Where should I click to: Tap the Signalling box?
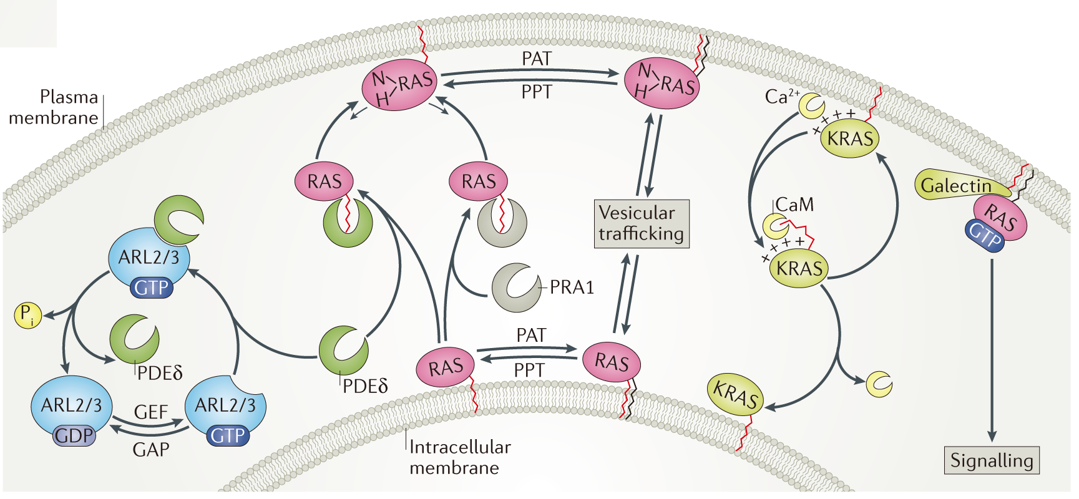[x=991, y=460]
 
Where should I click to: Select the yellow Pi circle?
[x=27, y=314]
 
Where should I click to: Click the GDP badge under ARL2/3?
[x=74, y=435]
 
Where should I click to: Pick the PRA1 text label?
[x=572, y=287]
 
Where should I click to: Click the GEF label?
[x=151, y=412]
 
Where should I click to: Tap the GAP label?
[x=151, y=449]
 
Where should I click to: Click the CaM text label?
[x=794, y=205]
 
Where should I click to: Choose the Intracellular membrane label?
[x=460, y=457]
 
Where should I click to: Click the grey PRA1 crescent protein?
[x=515, y=287]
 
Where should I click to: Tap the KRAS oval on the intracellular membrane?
[x=736, y=394]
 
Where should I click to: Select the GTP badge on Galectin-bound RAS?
[x=985, y=235]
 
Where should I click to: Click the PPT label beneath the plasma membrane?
[x=536, y=92]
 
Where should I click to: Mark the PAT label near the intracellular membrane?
[x=531, y=336]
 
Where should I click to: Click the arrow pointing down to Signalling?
[x=992, y=349]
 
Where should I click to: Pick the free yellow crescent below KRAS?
[x=879, y=384]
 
